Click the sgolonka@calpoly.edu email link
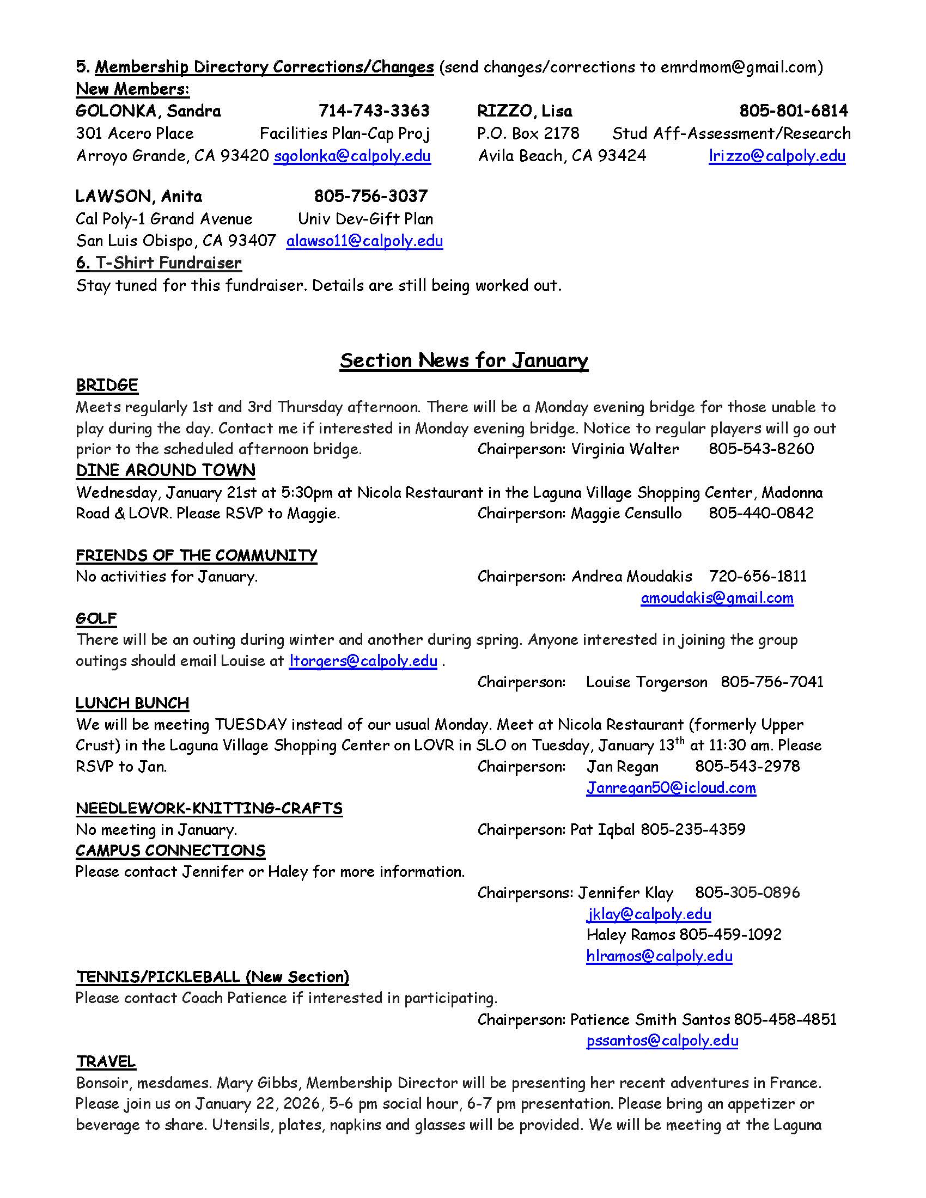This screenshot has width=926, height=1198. tap(352, 156)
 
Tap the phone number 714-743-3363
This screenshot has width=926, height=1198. tap(374, 111)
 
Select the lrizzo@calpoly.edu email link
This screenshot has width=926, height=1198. tap(776, 156)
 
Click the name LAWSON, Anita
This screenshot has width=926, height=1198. tap(139, 197)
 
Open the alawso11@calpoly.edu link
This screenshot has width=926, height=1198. tap(364, 241)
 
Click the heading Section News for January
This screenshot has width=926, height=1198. tap(464, 360)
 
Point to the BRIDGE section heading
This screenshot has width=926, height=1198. tap(107, 386)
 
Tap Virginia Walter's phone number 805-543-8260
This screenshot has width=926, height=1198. tap(761, 449)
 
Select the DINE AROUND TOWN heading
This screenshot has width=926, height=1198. tap(166, 470)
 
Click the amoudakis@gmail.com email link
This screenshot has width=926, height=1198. tap(717, 598)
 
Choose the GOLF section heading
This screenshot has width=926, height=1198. tap(96, 619)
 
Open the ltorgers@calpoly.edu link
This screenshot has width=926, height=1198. tap(363, 661)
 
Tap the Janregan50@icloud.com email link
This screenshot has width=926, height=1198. tap(671, 789)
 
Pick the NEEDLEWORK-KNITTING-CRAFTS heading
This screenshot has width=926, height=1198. tap(209, 809)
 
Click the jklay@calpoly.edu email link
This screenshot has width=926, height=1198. tap(648, 914)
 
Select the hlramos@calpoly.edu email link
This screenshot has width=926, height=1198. tap(659, 957)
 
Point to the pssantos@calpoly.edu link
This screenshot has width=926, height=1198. tap(662, 1041)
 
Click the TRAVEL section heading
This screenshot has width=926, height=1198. tap(106, 1062)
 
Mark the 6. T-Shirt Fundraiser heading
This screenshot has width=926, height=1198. tap(159, 264)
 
